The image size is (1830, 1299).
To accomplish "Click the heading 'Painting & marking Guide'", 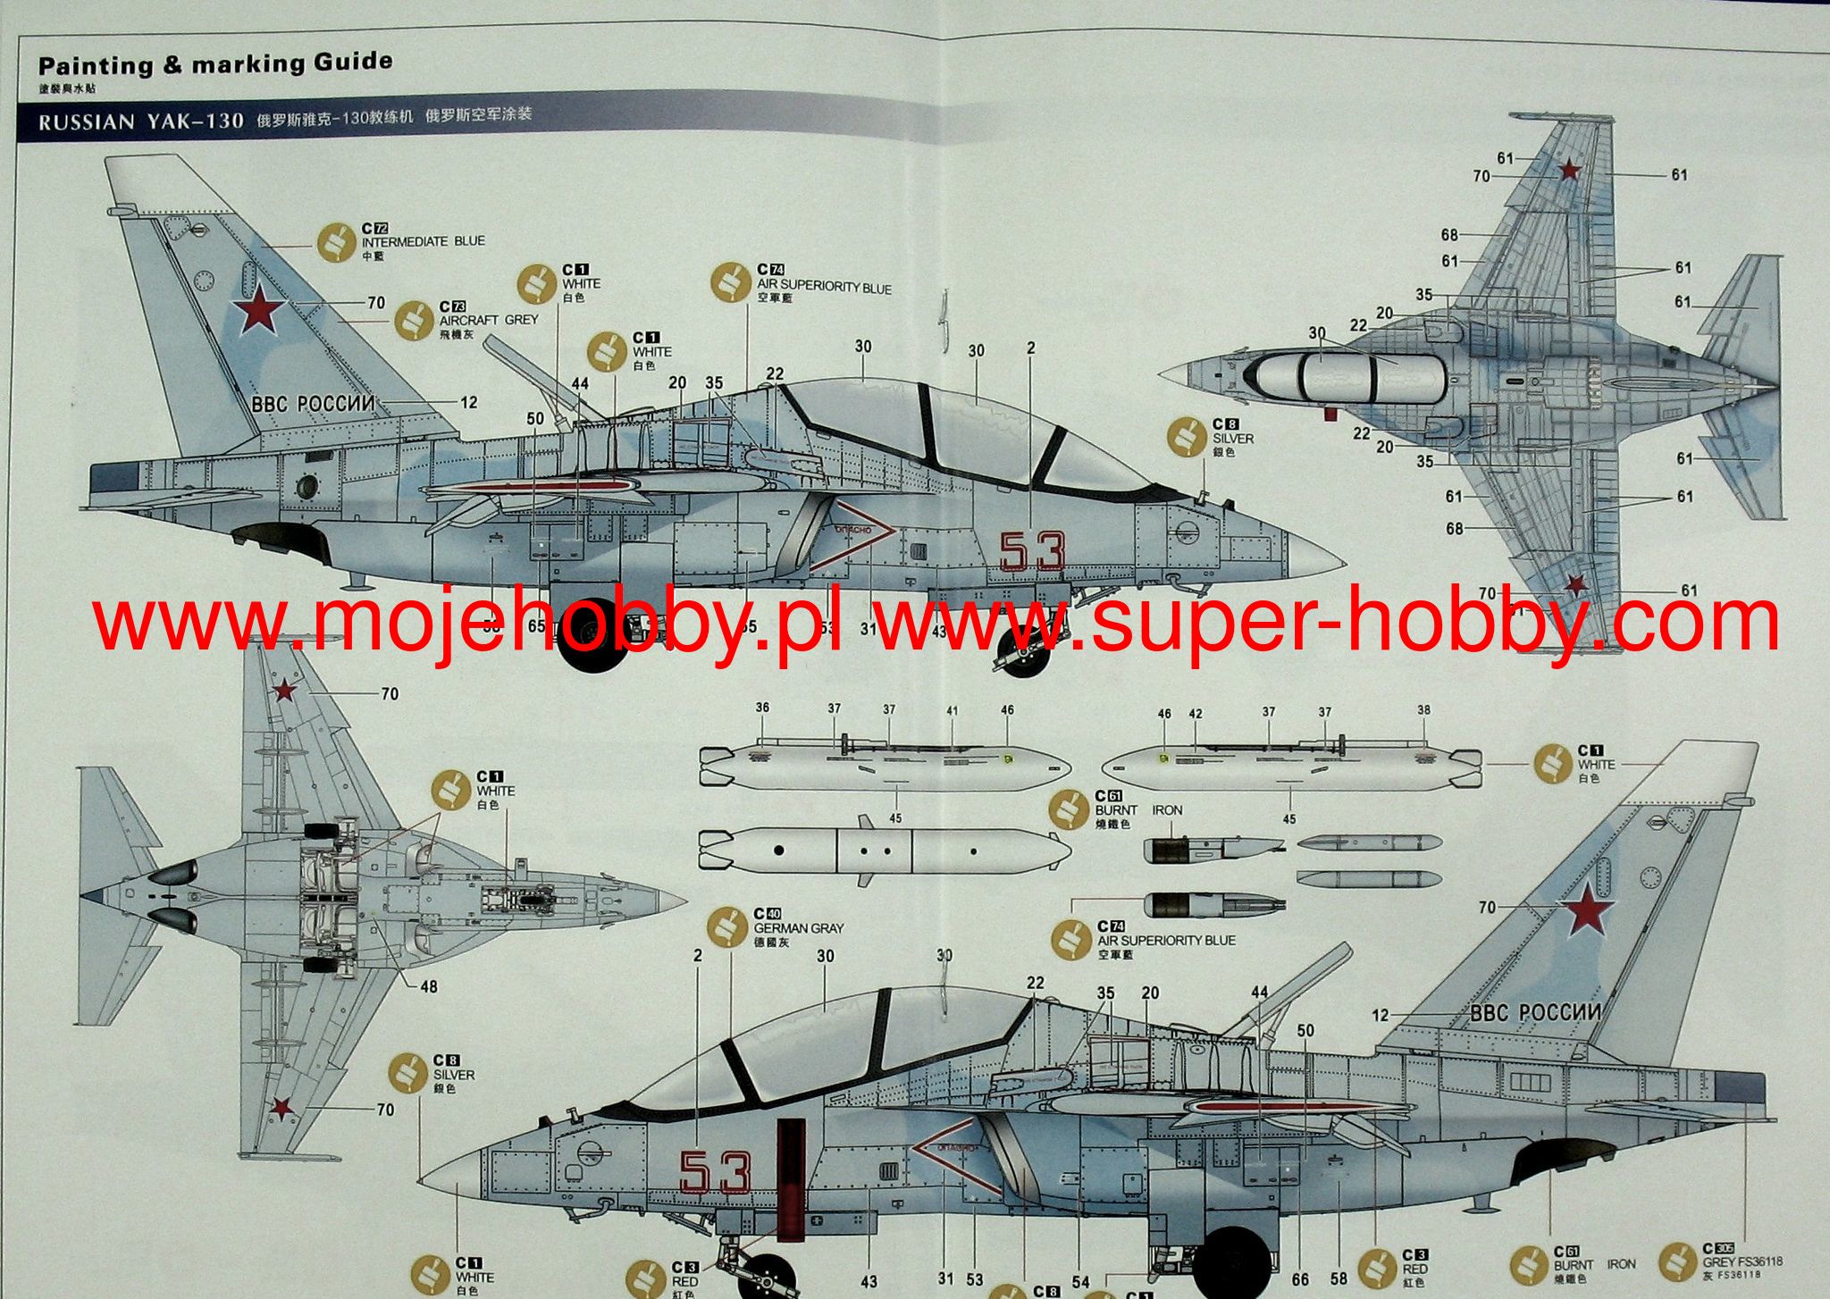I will point(215,64).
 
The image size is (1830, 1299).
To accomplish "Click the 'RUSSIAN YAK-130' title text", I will point(141,121).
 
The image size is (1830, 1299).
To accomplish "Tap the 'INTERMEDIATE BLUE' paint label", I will point(423,241).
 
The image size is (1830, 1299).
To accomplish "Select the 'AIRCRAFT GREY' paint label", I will point(489,319).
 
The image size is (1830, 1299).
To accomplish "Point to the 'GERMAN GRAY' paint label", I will point(798,928).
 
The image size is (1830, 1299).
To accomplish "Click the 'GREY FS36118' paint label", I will point(1742,1261).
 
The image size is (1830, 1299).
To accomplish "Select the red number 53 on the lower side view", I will point(715,1172).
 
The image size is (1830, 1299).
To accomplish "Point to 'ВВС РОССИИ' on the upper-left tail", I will point(313,404).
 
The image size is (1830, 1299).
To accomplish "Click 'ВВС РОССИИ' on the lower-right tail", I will point(1535,1013).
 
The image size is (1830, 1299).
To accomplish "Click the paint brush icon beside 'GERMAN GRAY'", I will point(728,929).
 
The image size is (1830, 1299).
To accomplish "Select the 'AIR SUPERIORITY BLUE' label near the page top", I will point(824,287).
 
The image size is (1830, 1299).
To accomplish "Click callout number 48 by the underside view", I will point(429,986).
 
